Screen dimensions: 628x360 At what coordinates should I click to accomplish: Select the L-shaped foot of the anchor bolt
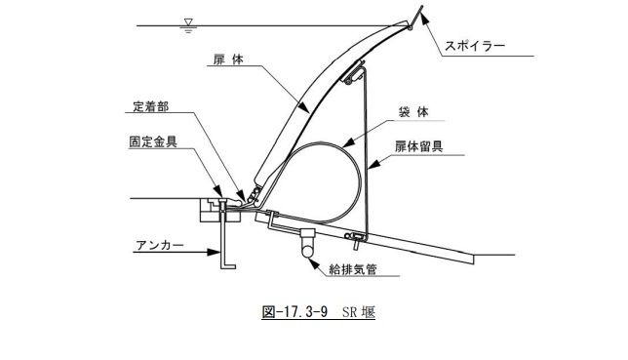pyautogui.click(x=229, y=263)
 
